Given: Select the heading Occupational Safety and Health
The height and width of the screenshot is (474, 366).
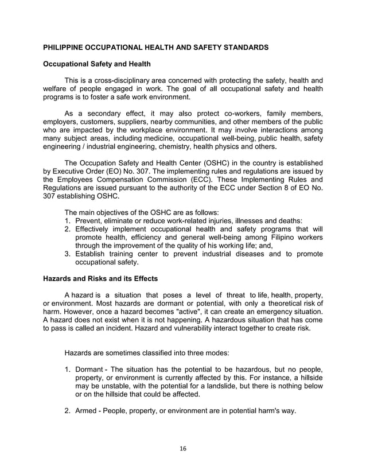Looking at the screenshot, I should click(96, 64).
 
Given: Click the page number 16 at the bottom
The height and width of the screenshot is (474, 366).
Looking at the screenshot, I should click(182, 448).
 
